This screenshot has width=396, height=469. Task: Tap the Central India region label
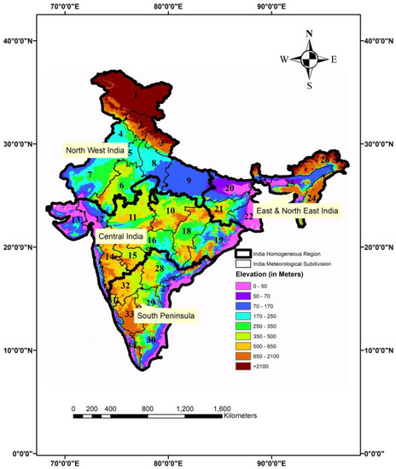coord(120,232)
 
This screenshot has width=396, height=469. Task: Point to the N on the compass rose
coord(309,35)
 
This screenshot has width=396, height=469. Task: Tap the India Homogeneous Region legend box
coord(243,253)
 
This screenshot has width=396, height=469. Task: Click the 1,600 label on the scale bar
coord(220,408)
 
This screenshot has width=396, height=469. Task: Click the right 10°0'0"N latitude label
coord(379,350)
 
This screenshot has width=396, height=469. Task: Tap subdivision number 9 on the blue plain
coord(189,181)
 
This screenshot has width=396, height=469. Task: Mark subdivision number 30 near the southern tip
coord(151,340)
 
